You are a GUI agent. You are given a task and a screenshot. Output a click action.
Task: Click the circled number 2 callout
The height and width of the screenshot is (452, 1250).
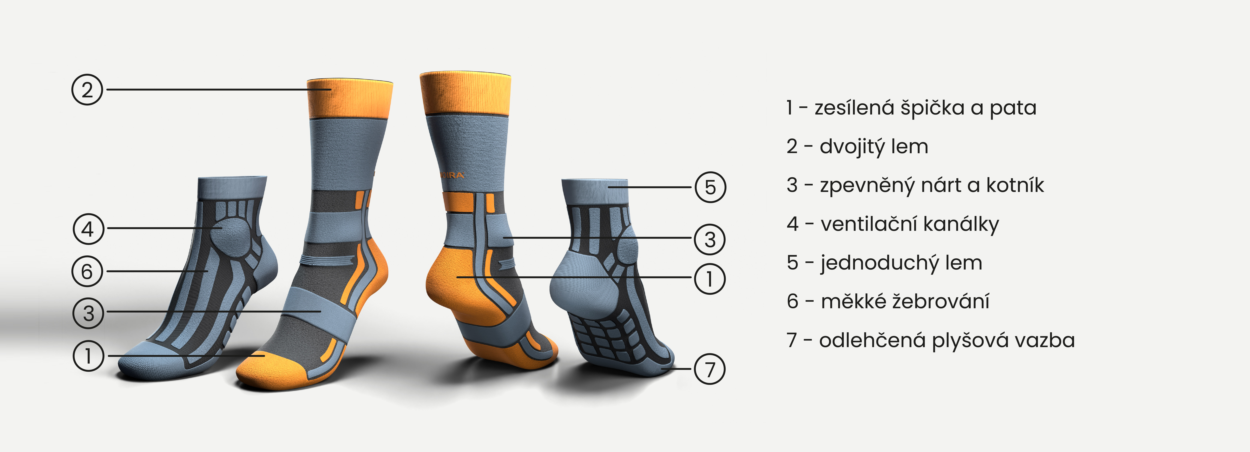click(87, 90)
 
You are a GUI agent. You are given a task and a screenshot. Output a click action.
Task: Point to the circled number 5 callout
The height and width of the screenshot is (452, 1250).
click(710, 187)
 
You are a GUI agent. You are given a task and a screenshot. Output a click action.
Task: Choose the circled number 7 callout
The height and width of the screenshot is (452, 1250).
click(709, 369)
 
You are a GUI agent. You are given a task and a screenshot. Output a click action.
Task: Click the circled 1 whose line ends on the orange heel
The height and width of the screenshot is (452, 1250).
click(709, 279)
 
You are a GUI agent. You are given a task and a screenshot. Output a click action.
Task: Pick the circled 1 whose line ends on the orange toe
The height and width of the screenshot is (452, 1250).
click(88, 356)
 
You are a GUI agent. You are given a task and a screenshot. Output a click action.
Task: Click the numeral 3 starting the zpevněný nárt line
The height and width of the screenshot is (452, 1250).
click(792, 185)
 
